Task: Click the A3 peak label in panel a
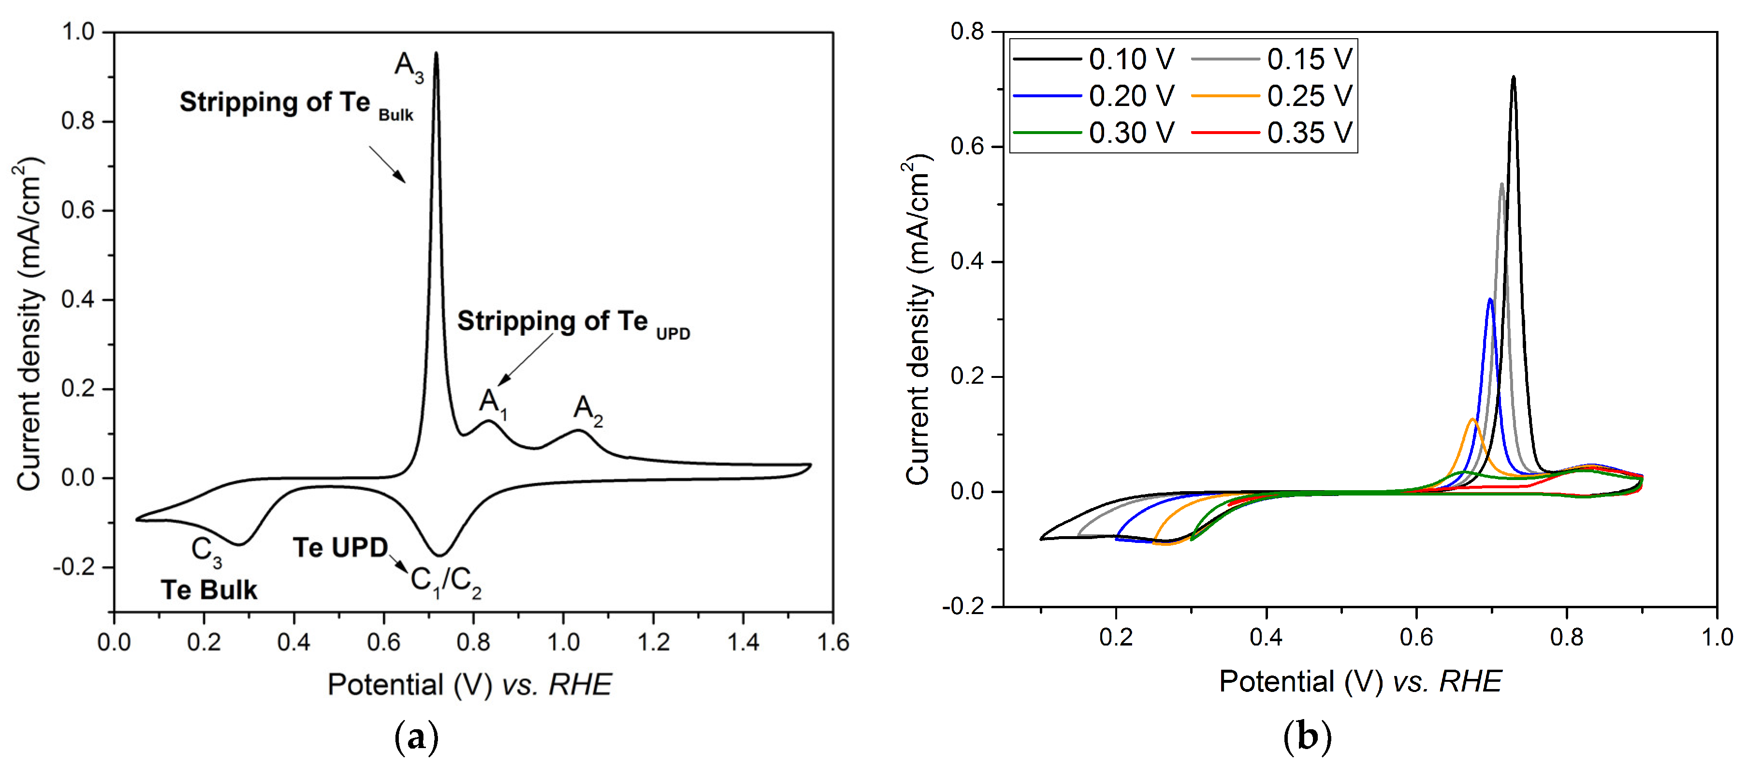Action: tap(409, 68)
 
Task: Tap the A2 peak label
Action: tap(588, 411)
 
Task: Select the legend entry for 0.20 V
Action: tap(1094, 96)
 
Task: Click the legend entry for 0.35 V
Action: tap(1272, 133)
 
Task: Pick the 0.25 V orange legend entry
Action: tap(1272, 96)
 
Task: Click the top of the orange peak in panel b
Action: tap(1472, 420)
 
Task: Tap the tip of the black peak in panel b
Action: tap(1513, 77)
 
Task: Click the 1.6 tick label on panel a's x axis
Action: tap(832, 642)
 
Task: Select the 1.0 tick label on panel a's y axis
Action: tap(78, 31)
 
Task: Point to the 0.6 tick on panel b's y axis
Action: tap(968, 146)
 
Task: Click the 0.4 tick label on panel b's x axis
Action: tap(1266, 637)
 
